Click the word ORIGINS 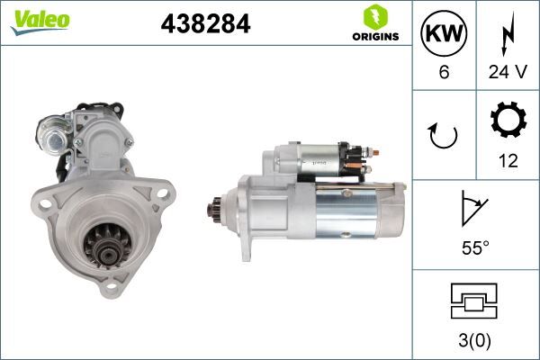(373, 38)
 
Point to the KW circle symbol (444, 36)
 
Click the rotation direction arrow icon (444, 135)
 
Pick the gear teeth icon (508, 123)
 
